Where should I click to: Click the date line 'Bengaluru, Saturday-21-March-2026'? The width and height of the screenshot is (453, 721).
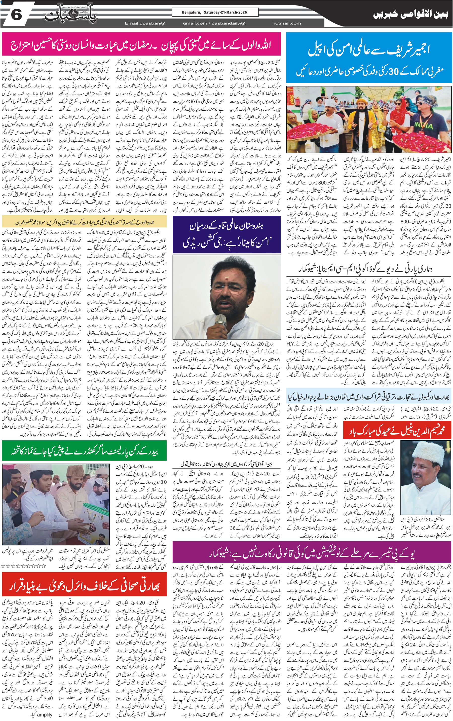(215, 12)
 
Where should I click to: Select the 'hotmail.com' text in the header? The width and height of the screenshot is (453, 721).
(286, 23)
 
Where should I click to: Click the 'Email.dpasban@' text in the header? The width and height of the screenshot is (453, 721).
(145, 23)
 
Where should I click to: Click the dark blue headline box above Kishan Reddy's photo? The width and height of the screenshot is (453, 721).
(226, 235)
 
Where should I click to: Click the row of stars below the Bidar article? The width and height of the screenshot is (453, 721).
(24, 566)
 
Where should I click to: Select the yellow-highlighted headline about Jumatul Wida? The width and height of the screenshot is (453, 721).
(84, 222)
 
